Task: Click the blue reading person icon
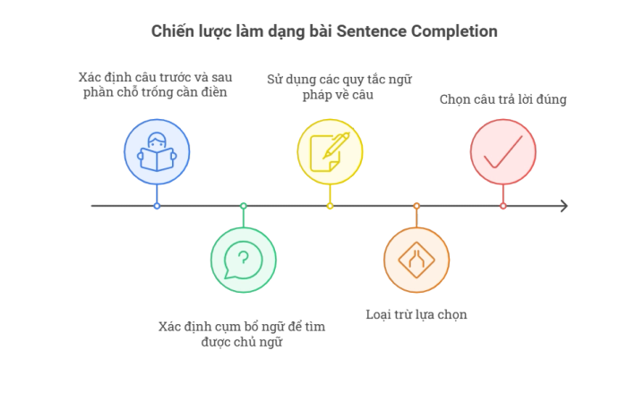157,152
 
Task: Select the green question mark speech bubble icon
243,260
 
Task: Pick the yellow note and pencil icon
330,152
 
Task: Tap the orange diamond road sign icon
417,260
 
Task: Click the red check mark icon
503,152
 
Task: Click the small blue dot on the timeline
157,206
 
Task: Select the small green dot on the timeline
244,206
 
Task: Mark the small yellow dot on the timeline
330,206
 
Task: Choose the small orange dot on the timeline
417,206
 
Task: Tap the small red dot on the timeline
503,206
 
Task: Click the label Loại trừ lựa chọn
417,314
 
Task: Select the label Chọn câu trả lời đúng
503,99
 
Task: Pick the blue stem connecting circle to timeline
157,193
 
